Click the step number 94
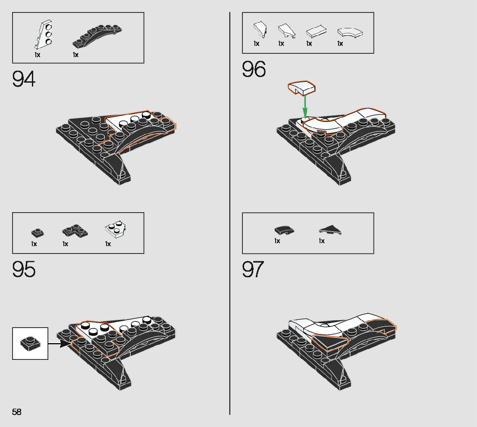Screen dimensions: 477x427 [x=24, y=79]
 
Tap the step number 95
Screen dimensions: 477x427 [x=24, y=269]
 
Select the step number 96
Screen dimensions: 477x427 [x=254, y=69]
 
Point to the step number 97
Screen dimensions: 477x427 [x=253, y=269]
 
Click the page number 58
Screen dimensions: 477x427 [x=17, y=412]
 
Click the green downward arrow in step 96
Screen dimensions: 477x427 [x=305, y=105]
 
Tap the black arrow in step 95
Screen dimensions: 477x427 [x=59, y=343]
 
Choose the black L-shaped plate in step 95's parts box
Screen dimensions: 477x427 [x=75, y=232]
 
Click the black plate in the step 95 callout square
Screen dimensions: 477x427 [x=30, y=343]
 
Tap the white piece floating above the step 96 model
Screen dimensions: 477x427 [x=302, y=87]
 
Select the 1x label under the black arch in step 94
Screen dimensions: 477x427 [x=75, y=55]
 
